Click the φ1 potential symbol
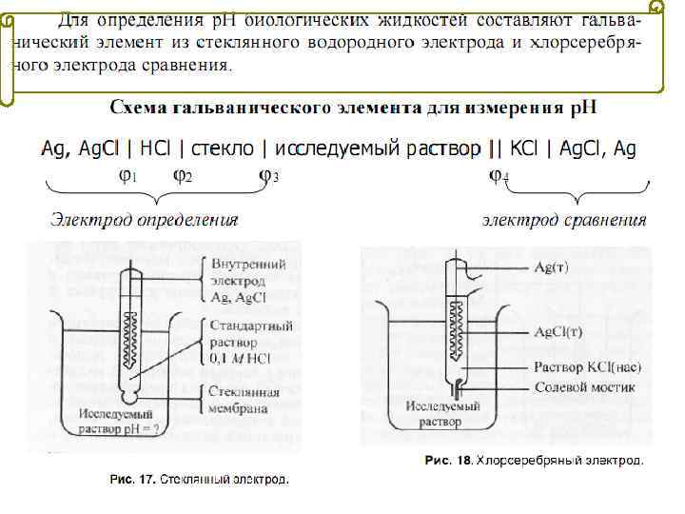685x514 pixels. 127,176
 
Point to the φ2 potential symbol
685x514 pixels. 183,176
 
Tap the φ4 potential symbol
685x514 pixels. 499,176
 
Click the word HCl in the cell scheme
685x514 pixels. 156,149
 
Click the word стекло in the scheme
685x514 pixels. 225,149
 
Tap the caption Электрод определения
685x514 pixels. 144,221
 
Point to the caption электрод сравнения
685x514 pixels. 564,221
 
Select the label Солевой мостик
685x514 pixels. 584,387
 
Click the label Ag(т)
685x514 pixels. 551,267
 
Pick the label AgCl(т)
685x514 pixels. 560,333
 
